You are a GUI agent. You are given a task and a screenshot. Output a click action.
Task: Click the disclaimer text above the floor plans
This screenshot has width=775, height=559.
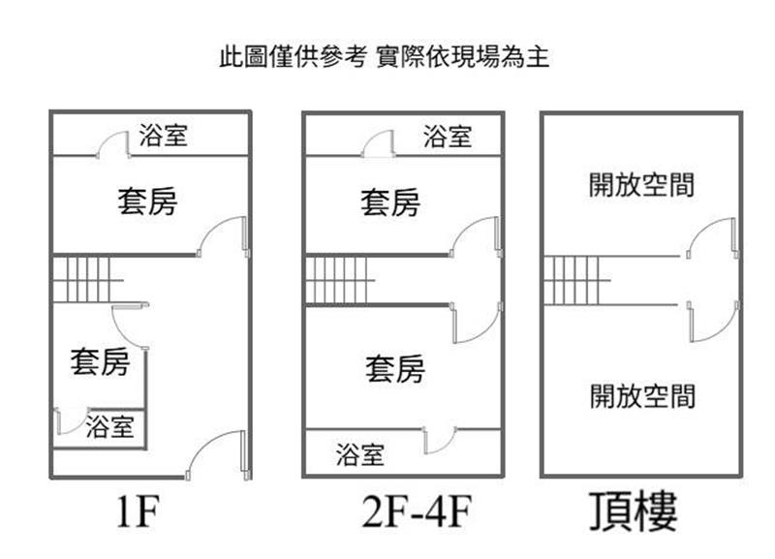point(385,57)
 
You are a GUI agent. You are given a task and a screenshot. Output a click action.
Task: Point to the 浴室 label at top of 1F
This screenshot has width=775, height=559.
point(163,136)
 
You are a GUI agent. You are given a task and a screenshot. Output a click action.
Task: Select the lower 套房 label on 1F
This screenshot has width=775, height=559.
point(99,362)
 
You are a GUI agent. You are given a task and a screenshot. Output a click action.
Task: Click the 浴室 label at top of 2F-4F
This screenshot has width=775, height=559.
point(447,137)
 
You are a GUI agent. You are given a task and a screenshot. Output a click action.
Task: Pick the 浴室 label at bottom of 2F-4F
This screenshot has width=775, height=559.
point(360,453)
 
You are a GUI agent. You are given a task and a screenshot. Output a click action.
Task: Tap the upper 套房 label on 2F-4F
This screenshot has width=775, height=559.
point(390,202)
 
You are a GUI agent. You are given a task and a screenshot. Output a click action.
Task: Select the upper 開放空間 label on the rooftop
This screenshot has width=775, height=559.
point(641,184)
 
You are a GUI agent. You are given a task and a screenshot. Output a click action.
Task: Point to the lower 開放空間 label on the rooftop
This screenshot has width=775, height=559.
point(641,394)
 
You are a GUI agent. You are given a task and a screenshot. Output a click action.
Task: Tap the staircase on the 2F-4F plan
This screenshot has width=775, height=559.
point(340,281)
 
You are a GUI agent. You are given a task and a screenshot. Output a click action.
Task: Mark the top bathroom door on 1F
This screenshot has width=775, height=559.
point(114,143)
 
